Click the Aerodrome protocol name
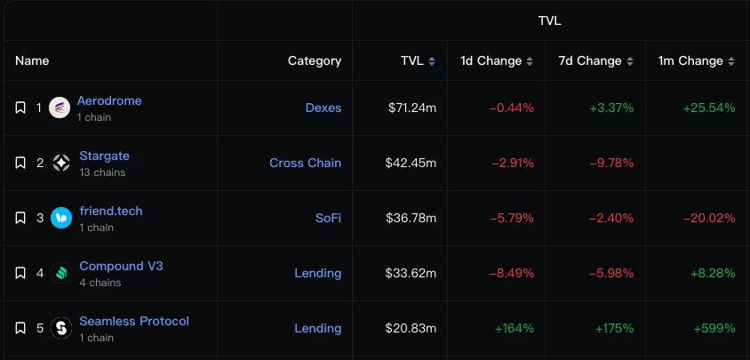(x=109, y=100)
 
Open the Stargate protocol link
(x=104, y=156)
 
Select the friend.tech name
(x=110, y=211)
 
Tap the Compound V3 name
(x=121, y=266)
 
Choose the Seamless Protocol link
(x=134, y=321)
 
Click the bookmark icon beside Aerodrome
(x=20, y=108)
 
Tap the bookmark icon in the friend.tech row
(x=20, y=218)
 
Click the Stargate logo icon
(x=61, y=163)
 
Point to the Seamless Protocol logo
(x=61, y=328)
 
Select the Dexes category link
(x=323, y=108)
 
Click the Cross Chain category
(x=305, y=163)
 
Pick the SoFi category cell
(x=328, y=218)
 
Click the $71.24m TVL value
(x=411, y=108)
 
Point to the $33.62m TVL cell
(x=411, y=273)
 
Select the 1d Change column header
(x=491, y=61)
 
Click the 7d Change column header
(x=589, y=61)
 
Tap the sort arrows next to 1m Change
(x=731, y=61)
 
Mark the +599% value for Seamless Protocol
(x=714, y=328)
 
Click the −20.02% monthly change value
(x=709, y=218)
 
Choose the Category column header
(x=314, y=61)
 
